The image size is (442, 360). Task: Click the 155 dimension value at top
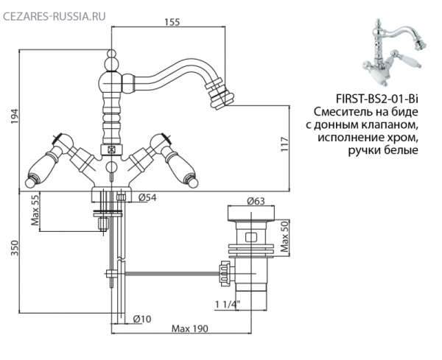click(x=172, y=21)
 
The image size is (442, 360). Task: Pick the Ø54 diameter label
click(x=147, y=197)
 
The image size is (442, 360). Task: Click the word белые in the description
click(x=401, y=150)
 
